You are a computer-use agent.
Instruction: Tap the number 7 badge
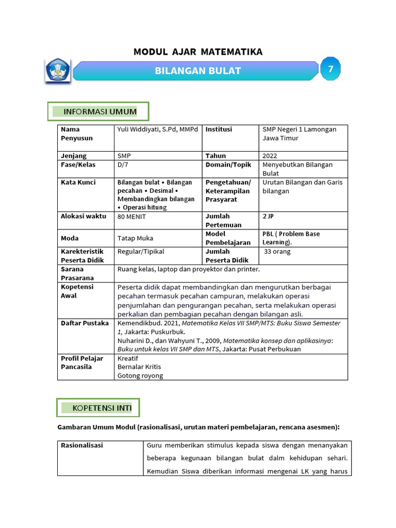pos(330,69)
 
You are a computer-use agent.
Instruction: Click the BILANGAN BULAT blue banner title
pos(198,71)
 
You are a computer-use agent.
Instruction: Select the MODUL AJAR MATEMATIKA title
pos(198,52)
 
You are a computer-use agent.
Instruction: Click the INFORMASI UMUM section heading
pos(100,111)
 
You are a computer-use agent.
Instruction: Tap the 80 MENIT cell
pos(132,217)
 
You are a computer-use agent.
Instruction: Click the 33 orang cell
pos(277,252)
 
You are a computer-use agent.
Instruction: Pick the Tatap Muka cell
pos(135,238)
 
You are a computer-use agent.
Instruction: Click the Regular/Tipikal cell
pos(141,252)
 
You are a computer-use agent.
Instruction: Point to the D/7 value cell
pos(124,164)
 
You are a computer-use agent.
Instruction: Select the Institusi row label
pos(219,129)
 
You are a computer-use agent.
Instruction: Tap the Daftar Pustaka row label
pos(85,323)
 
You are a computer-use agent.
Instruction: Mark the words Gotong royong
pos(140,375)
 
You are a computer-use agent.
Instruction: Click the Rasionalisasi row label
pos(82,445)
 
